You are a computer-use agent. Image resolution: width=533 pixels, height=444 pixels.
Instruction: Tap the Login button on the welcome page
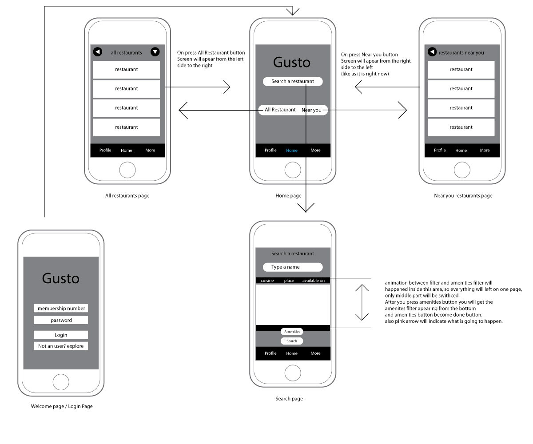(61, 335)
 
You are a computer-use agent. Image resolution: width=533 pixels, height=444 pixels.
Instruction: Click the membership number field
(61, 308)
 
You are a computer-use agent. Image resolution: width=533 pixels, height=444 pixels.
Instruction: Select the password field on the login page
(61, 320)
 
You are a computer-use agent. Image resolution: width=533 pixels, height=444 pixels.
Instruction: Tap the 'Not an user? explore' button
(61, 346)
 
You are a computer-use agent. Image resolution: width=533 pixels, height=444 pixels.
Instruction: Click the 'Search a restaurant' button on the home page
(293, 81)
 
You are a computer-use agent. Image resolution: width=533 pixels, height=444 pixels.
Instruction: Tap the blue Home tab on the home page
(292, 151)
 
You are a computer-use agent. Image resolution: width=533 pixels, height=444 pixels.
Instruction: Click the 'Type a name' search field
(293, 267)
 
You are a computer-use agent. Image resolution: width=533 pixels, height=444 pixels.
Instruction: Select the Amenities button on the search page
(292, 332)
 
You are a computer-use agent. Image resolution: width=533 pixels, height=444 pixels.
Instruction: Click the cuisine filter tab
(267, 281)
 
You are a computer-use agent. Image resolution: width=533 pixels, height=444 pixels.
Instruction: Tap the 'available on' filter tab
(314, 281)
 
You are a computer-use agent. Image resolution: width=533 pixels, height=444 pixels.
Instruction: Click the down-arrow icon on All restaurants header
(155, 52)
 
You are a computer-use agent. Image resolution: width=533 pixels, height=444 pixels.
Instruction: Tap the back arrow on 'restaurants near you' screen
(432, 52)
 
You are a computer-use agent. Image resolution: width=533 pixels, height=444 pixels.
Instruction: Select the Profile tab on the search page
(270, 353)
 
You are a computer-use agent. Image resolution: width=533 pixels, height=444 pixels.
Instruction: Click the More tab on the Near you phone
(485, 151)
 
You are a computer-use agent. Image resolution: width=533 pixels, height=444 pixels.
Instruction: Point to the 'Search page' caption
(289, 399)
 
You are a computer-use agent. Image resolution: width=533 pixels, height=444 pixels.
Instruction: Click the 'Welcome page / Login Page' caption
(62, 406)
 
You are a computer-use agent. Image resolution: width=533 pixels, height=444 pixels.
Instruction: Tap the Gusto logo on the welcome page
(61, 278)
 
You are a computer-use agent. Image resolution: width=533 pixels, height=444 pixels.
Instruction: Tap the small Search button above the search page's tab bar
(292, 341)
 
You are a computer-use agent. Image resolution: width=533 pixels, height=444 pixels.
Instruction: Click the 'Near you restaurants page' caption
(463, 196)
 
